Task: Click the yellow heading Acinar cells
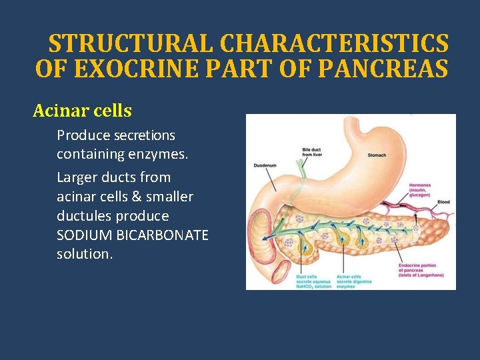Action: point(83,111)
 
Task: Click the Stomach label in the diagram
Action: point(377,155)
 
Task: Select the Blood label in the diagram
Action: point(443,202)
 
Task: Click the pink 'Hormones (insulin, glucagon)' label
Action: point(421,189)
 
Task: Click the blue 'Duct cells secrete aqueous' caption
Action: point(311,281)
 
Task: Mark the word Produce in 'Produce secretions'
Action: point(79,135)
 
